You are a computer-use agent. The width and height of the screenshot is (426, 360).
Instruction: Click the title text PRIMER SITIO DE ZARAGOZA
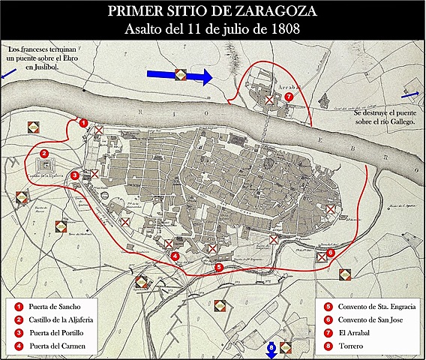click(212, 12)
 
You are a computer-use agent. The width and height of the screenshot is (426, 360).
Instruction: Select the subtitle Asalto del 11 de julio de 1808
click(212, 29)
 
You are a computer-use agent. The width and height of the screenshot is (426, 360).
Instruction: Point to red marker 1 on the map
click(84, 122)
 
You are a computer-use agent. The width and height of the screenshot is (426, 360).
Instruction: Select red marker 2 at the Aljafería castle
click(44, 154)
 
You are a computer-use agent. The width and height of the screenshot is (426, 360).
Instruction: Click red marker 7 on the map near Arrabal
click(289, 96)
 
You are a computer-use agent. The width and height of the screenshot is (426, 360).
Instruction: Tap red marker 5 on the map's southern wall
click(218, 266)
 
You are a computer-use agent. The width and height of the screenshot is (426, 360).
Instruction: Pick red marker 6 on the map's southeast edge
click(331, 253)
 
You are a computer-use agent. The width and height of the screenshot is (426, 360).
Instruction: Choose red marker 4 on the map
click(175, 256)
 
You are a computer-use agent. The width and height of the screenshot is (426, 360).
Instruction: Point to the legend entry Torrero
click(353, 346)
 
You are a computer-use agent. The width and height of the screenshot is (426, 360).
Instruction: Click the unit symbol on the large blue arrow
click(180, 75)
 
